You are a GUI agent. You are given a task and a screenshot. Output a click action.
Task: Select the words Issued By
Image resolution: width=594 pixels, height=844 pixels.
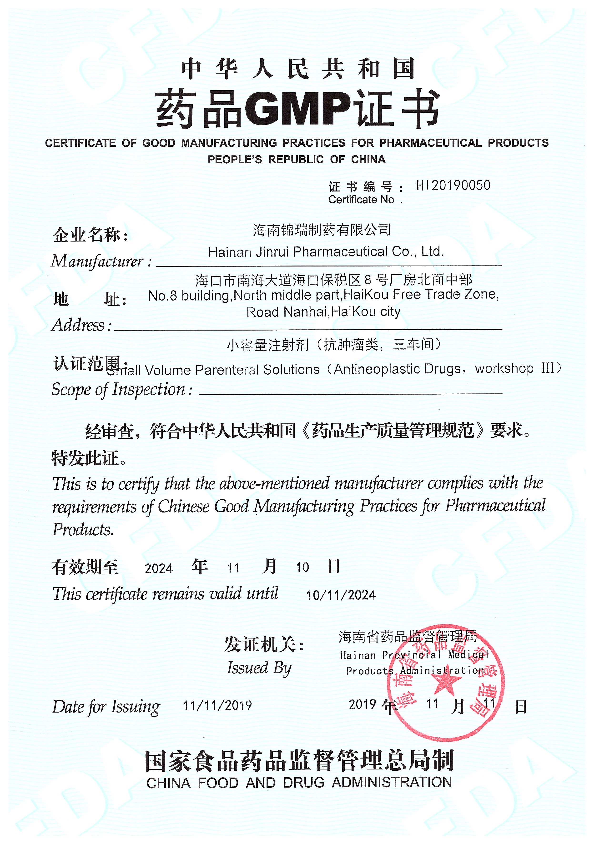pos(259,668)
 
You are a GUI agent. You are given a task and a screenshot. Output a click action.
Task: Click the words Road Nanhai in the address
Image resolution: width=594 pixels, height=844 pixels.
pos(287,312)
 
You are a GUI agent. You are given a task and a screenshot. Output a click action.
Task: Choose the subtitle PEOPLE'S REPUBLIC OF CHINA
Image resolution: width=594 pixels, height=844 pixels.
pos(297,160)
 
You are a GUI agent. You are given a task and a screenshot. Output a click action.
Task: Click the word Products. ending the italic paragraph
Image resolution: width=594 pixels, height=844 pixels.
pos(83,530)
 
